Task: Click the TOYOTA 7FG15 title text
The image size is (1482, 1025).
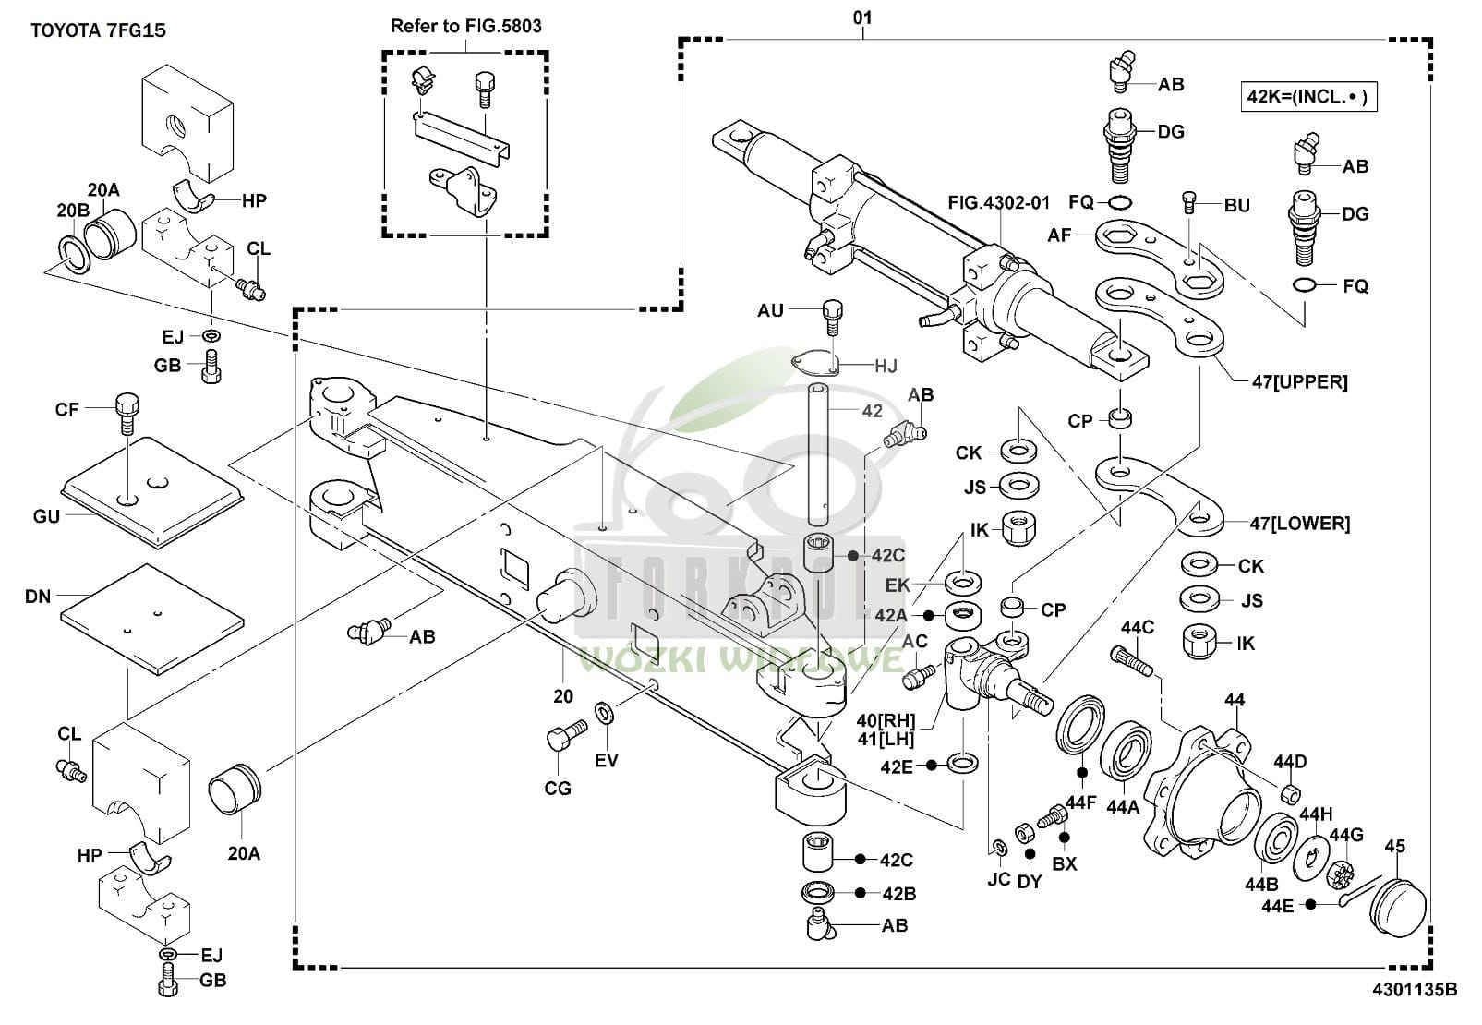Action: (98, 30)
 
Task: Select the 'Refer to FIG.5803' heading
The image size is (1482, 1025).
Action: (465, 26)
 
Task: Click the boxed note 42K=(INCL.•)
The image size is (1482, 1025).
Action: (1308, 96)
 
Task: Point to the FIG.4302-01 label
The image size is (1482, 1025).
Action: (998, 202)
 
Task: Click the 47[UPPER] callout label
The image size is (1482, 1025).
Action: (1299, 381)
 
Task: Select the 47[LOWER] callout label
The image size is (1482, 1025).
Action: (1299, 524)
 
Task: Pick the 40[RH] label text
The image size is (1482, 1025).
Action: (886, 720)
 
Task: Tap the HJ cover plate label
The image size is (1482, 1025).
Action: (886, 366)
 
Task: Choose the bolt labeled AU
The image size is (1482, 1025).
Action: (833, 314)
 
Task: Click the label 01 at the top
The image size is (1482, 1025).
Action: (861, 18)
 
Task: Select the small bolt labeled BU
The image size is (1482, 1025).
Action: (1189, 201)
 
